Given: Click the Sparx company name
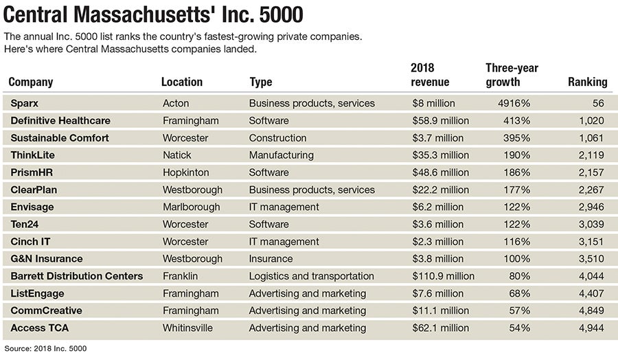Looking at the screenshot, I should coord(25,104).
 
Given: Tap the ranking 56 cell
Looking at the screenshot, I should coord(597,104).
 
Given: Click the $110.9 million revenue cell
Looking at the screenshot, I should coord(442,276).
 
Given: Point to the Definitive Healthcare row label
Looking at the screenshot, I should coord(60,121).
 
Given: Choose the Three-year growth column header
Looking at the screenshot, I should coord(512,75).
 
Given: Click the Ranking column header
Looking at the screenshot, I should coord(587,82).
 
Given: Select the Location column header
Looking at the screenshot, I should coord(181,82).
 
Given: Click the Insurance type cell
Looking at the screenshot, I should coord(271,259).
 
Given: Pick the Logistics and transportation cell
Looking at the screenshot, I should coord(311,276).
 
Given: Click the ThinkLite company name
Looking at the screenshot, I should coord(32,155).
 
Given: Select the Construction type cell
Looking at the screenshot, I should coord(277,138).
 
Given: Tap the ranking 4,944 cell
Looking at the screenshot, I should coord(592,328).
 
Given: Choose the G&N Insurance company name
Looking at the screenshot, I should coord(47,259).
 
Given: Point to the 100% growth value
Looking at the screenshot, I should coord(517,259).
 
